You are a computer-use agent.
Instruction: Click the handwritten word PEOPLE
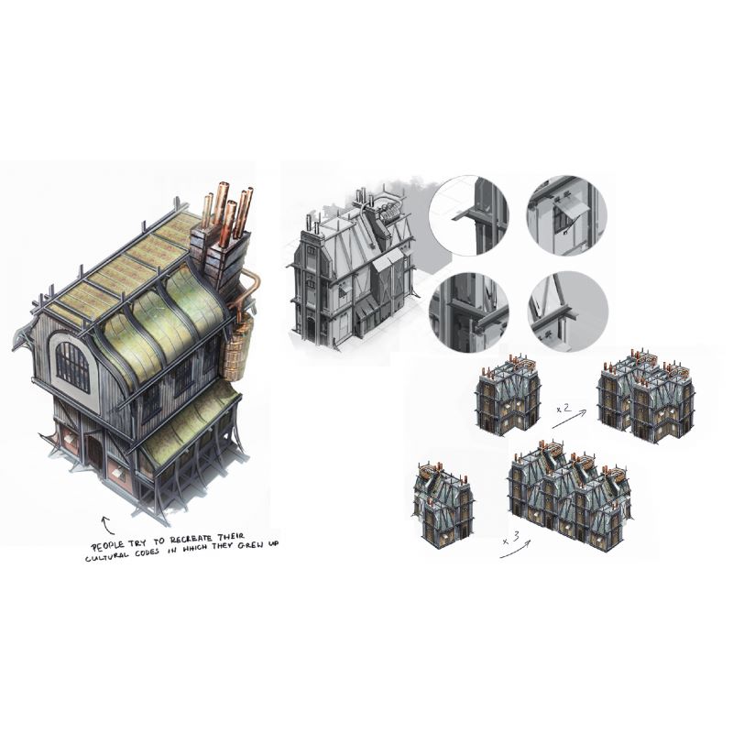click(107, 545)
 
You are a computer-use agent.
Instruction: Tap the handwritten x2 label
click(563, 408)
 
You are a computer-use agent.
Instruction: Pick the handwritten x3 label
click(510, 538)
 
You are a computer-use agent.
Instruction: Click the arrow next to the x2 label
click(569, 419)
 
